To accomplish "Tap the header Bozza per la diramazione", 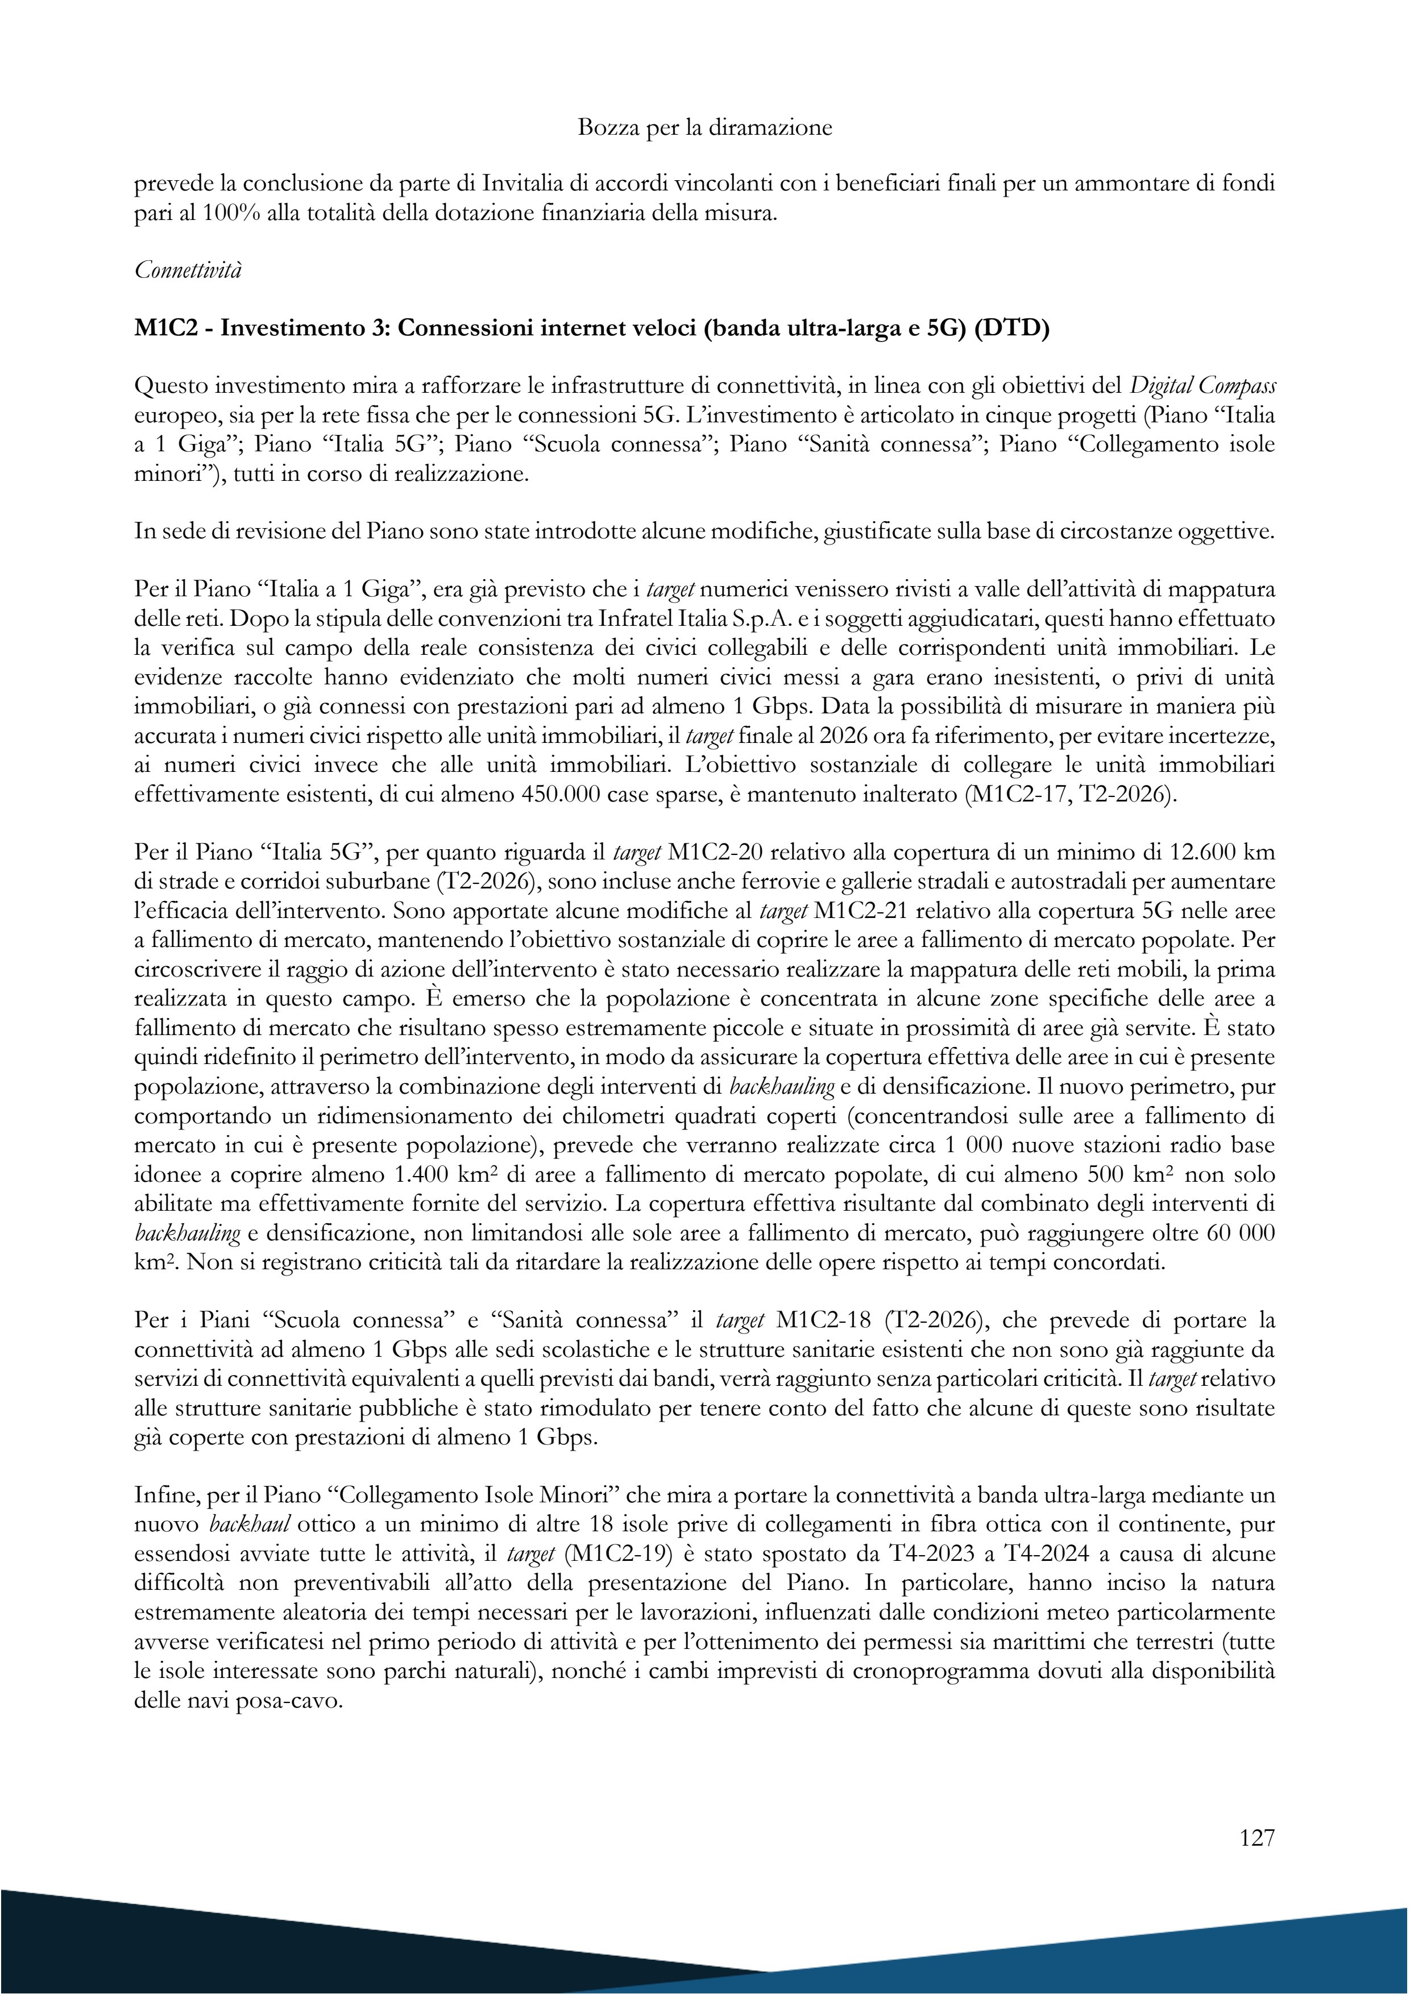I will pos(704,128).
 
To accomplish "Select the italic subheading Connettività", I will pos(189,270).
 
